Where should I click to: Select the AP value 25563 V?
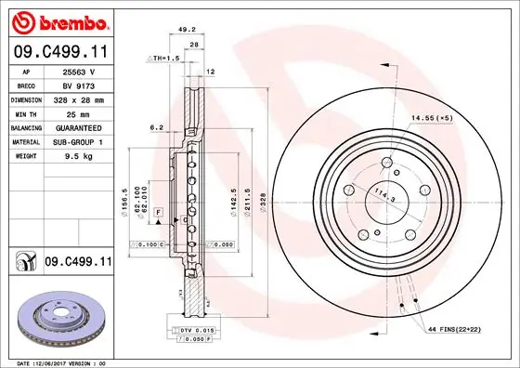79,71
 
